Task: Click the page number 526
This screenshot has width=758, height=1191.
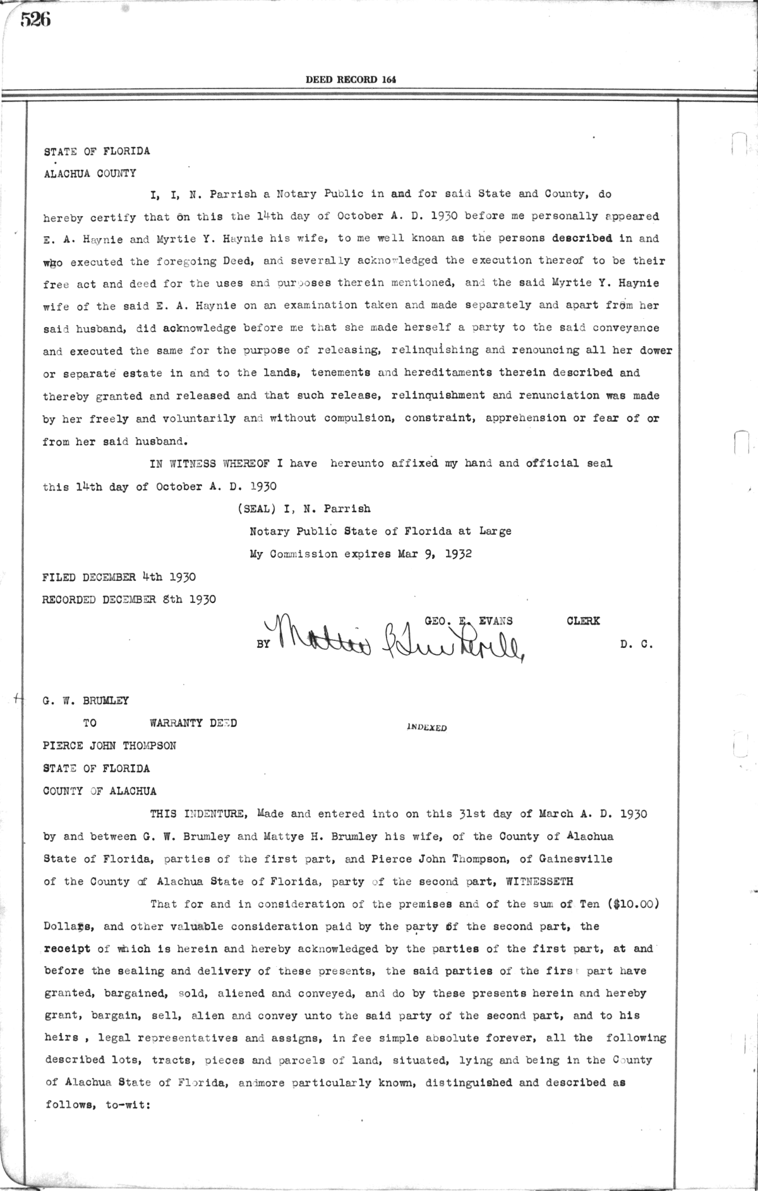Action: [x=35, y=20]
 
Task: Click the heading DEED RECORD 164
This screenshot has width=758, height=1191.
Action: [x=351, y=80]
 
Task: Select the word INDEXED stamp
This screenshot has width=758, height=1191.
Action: [x=427, y=727]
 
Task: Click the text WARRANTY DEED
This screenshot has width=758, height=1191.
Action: [x=193, y=723]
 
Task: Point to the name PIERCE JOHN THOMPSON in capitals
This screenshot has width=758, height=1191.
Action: [x=109, y=746]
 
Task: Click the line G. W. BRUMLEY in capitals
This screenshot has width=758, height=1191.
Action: [x=85, y=700]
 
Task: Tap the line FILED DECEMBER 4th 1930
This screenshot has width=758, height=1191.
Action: [x=119, y=577]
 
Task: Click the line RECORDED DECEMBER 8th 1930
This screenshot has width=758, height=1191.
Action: [x=129, y=599]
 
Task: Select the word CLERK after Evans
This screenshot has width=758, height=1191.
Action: [x=583, y=621]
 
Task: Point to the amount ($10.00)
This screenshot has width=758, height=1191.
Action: [x=635, y=904]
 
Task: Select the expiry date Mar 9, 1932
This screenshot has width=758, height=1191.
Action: [x=435, y=554]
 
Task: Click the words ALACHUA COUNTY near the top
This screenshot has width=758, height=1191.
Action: [x=89, y=174]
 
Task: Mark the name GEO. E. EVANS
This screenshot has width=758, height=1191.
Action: [x=468, y=621]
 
